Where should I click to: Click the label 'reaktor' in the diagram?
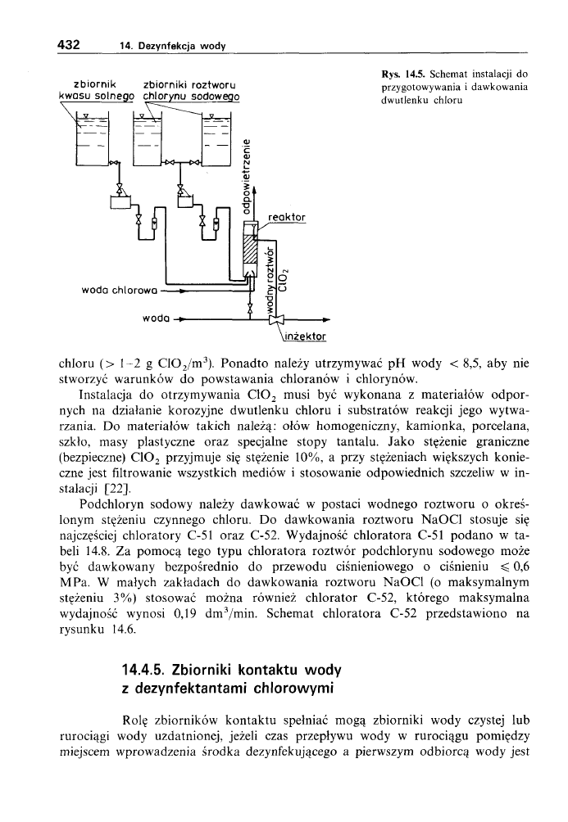pyautogui.click(x=285, y=217)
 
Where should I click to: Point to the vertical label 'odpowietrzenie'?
pyautogui.click(x=246, y=171)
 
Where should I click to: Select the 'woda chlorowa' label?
pyautogui.click(x=120, y=288)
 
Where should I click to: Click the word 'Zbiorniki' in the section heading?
pyautogui.click(x=224, y=672)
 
